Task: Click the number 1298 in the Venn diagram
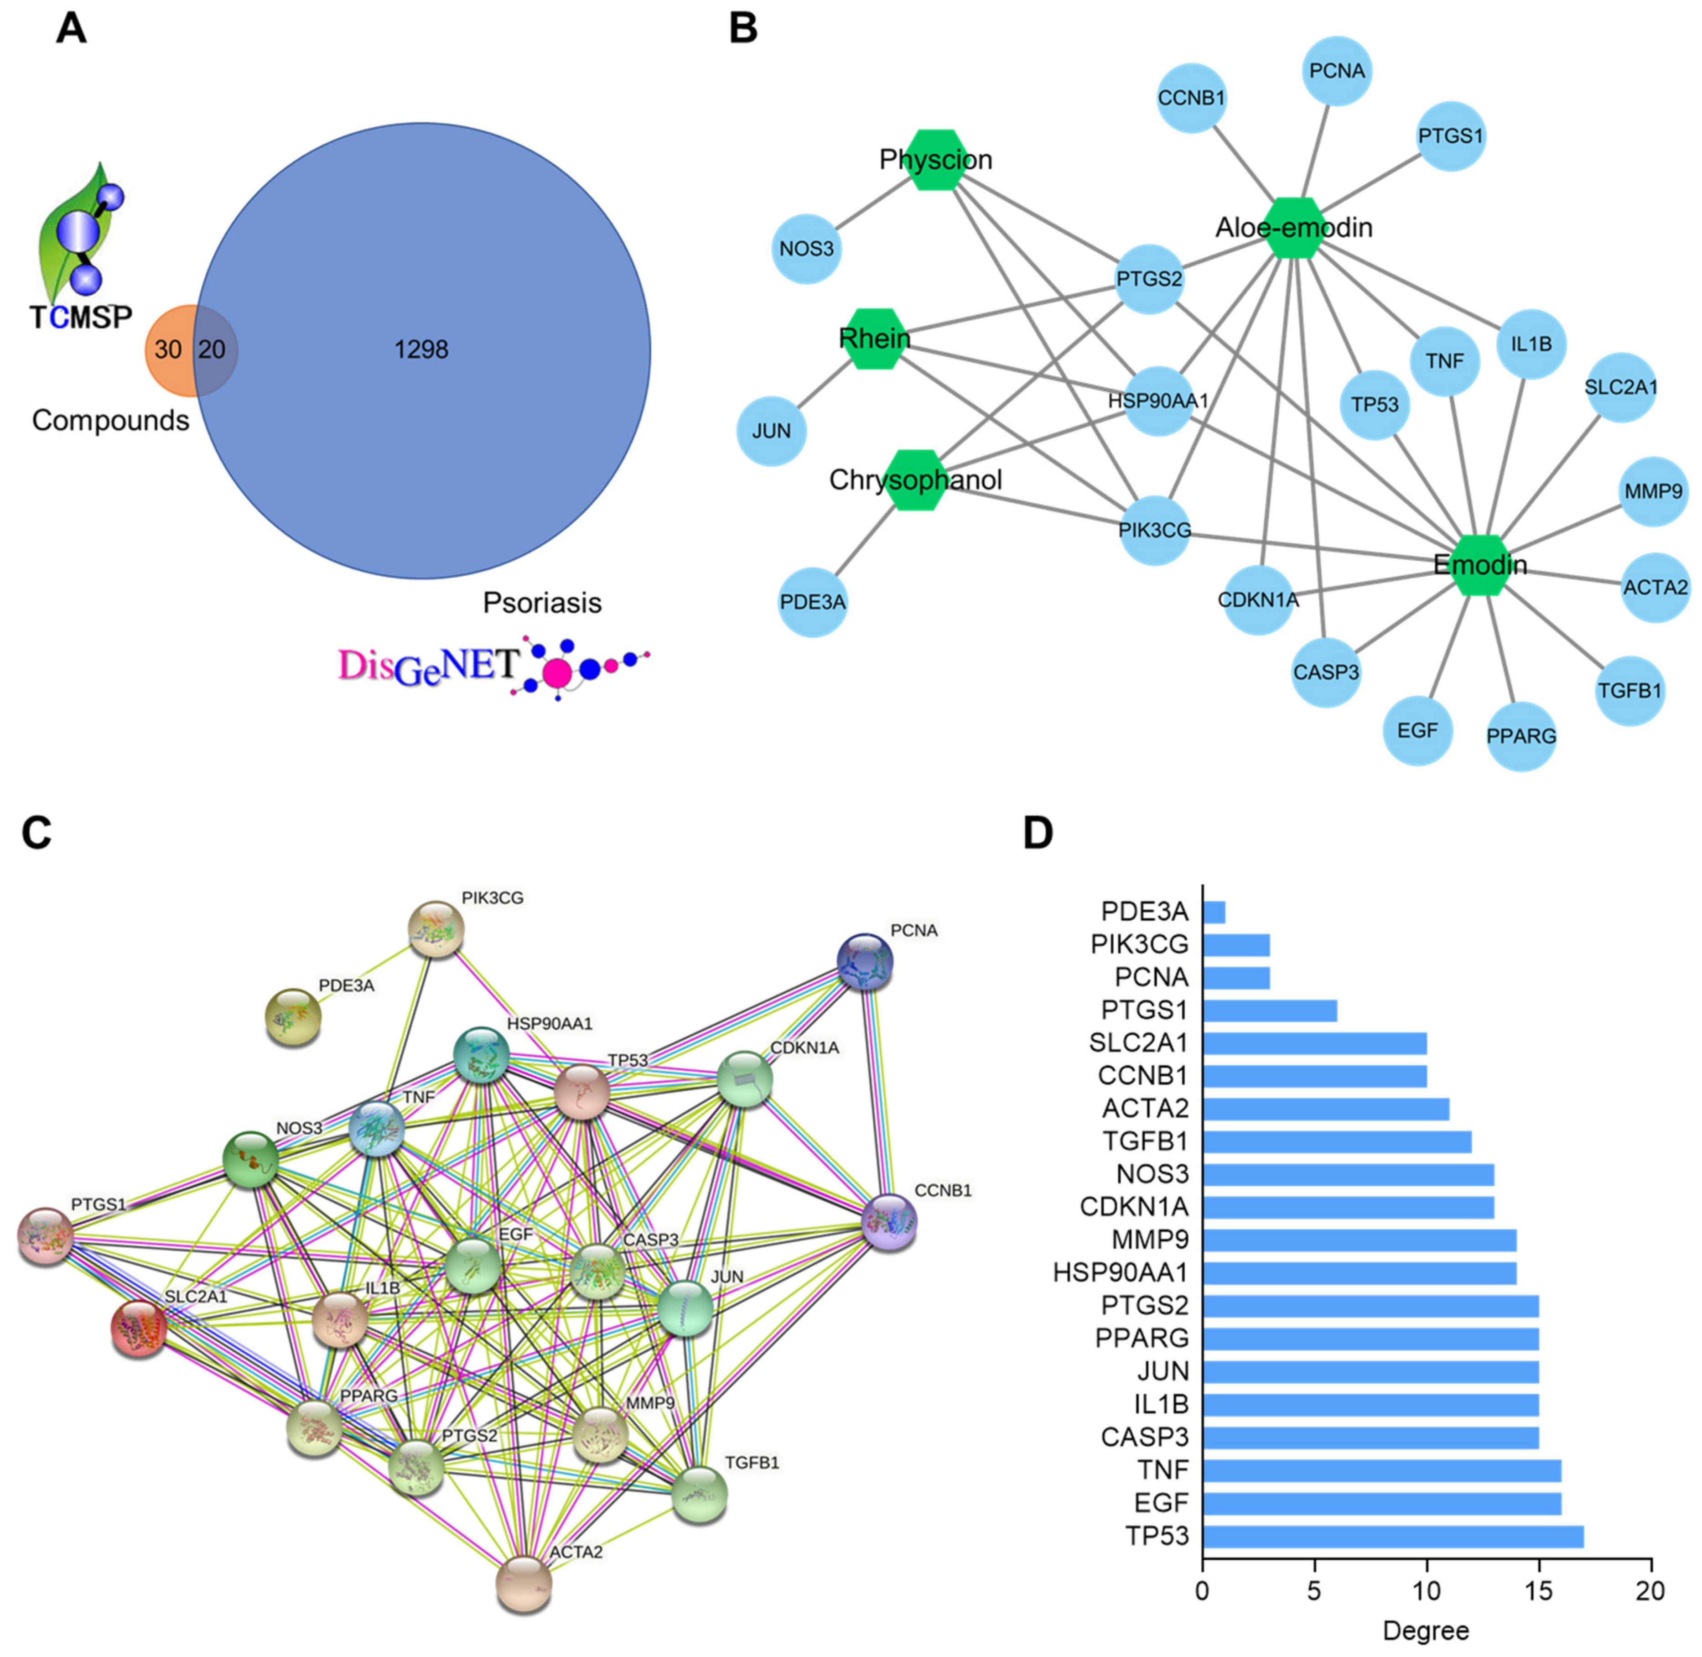[421, 350]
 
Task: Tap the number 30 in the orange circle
[168, 350]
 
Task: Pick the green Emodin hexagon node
[1480, 565]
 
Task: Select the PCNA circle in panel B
[1337, 71]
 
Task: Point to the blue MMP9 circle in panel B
[1653, 492]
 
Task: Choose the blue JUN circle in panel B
[771, 431]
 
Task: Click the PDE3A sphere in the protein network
[293, 1016]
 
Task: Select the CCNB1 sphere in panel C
[888, 1223]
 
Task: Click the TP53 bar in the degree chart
[1392, 1536]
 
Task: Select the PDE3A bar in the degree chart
[1214, 912]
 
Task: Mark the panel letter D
[1038, 833]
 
